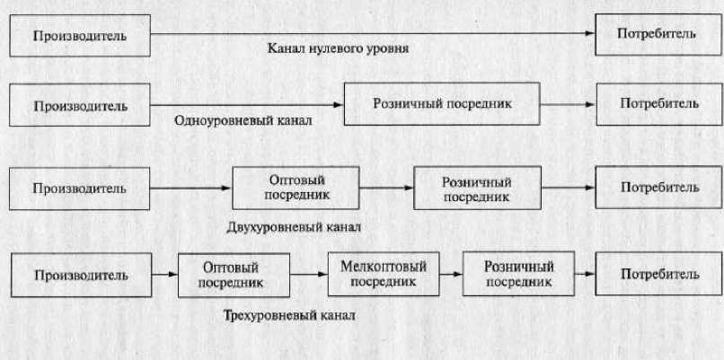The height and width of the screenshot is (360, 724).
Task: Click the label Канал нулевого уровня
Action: point(339,48)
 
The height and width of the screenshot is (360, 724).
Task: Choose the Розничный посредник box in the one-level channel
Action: point(442,104)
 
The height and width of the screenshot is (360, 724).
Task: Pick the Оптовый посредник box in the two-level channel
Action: point(296,187)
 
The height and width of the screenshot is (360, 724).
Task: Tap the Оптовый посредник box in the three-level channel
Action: point(233,275)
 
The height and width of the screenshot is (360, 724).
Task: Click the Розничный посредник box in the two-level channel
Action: point(476,188)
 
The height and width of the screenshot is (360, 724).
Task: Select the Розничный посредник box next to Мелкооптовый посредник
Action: point(518,275)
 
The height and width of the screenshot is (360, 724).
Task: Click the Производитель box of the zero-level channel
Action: point(79,36)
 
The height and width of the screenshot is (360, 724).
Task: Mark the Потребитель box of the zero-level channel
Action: point(656,35)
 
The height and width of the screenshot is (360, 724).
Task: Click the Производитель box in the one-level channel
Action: point(79,105)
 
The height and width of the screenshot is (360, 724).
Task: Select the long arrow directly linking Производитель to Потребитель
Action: point(373,34)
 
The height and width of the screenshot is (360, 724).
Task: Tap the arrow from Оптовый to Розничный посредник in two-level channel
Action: point(386,187)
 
